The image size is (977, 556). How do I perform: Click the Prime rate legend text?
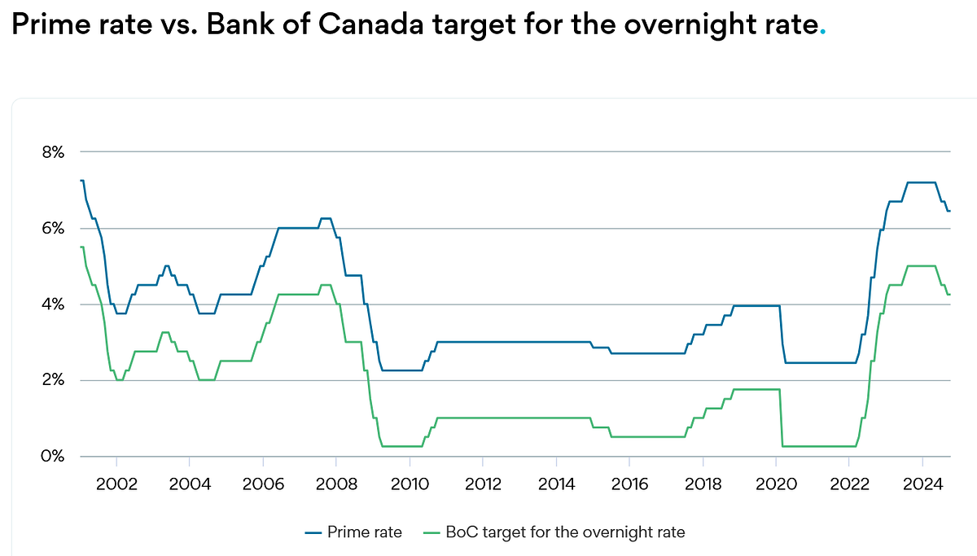[364, 533]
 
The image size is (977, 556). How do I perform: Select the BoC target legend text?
[565, 533]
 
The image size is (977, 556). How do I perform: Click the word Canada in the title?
[368, 26]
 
